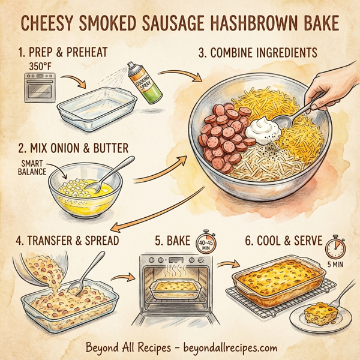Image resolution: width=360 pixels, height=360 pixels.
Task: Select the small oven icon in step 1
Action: coord(37,86)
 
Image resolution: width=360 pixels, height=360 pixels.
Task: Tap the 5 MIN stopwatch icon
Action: coord(333,250)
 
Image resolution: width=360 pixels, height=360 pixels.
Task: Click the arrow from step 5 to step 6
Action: coord(226,264)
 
